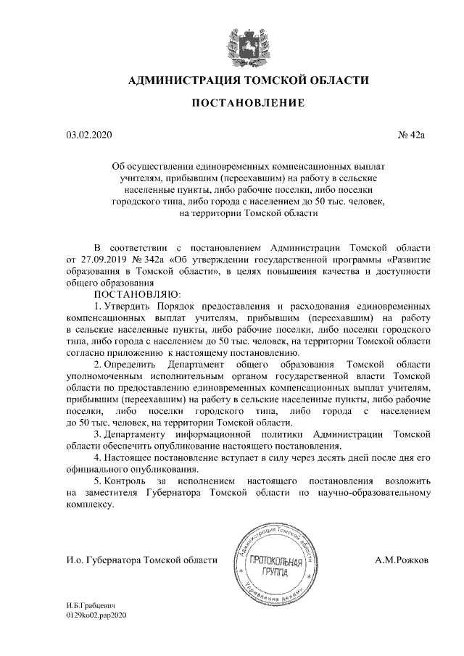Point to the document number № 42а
point(414,135)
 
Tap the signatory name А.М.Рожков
point(402,560)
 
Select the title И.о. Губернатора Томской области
point(141,560)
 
